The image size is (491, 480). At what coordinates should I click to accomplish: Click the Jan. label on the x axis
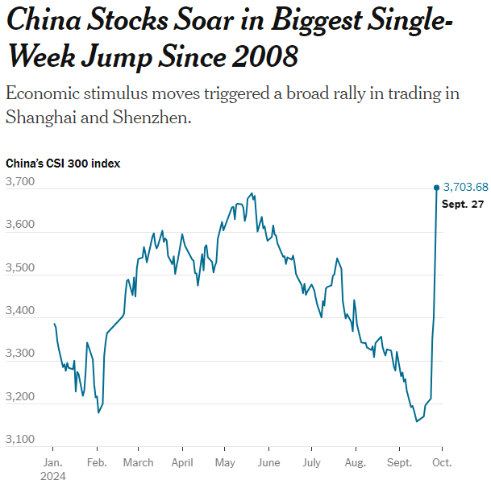click(52, 463)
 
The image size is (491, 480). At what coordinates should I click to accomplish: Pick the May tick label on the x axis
click(225, 463)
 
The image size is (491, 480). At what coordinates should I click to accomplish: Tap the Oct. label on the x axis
click(442, 463)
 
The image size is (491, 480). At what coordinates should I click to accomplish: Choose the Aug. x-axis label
click(354, 463)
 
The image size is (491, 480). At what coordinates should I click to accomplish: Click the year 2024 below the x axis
click(53, 475)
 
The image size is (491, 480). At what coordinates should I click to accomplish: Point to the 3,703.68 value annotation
click(466, 188)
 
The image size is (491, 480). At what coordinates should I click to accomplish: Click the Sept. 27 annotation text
click(462, 205)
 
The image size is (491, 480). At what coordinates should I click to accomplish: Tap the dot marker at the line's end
click(437, 188)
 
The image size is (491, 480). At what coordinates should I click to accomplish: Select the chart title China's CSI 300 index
click(63, 163)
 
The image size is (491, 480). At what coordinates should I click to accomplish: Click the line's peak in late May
click(252, 193)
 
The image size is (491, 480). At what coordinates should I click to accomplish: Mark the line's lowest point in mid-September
click(417, 421)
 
